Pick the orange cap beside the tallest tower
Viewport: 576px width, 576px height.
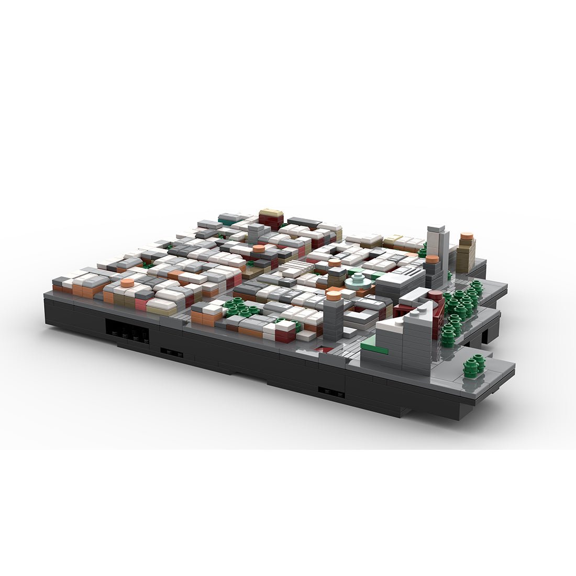coord(431,259)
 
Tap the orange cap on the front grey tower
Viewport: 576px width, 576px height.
coord(333,296)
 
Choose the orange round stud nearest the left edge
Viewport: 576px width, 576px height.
coord(126,283)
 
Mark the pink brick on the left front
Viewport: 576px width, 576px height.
coord(141,304)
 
